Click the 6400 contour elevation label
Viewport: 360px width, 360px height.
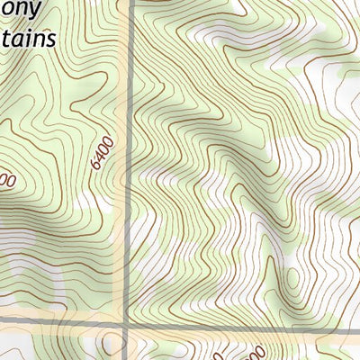(x=101, y=154)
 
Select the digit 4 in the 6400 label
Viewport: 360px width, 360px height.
(x=99, y=158)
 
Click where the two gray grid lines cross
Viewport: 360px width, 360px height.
(x=126, y=322)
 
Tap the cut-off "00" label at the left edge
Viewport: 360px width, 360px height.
(x=7, y=181)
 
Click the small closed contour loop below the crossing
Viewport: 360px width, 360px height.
(x=110, y=344)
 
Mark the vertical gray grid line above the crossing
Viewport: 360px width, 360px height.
(x=130, y=135)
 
